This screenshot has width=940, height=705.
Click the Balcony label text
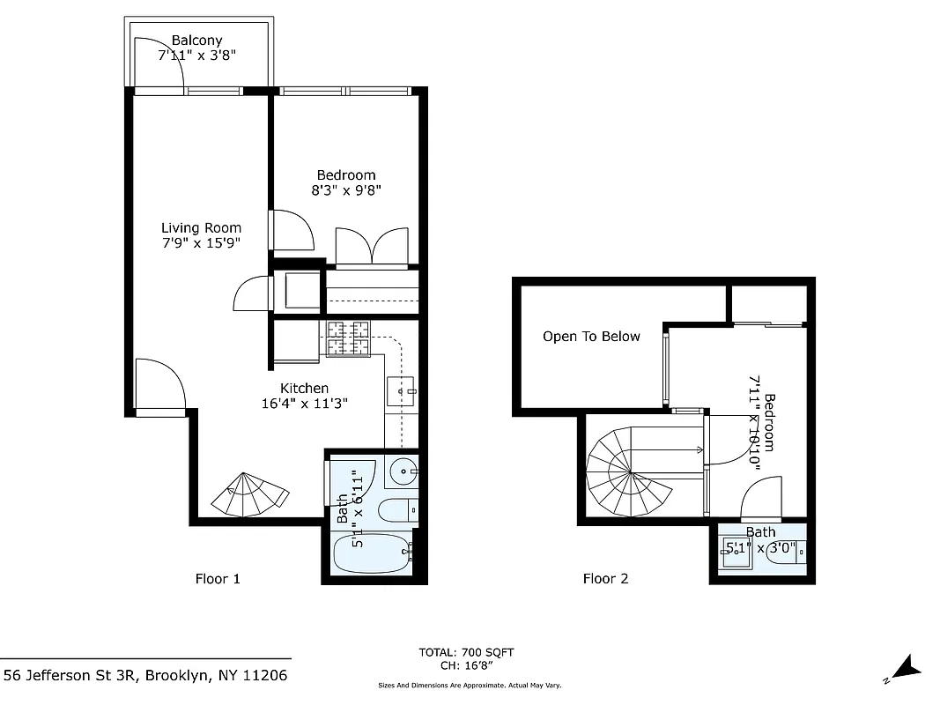[196, 41]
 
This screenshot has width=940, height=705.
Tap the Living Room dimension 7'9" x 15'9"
[201, 242]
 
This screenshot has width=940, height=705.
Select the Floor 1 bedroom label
[345, 175]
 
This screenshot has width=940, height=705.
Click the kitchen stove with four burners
[348, 338]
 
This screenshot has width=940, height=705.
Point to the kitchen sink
[401, 389]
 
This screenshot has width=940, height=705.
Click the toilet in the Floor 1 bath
[397, 509]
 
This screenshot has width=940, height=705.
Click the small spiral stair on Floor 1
[248, 495]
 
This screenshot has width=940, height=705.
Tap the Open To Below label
[591, 337]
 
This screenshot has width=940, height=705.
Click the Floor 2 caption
[605, 579]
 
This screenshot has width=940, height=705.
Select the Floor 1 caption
[217, 579]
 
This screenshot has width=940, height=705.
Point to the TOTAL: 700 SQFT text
[466, 652]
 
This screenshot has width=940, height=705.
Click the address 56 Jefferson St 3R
[145, 676]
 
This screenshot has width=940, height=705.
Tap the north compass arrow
[905, 669]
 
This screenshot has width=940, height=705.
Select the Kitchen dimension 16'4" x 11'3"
[305, 404]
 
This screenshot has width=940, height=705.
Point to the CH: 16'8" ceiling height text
[466, 666]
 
